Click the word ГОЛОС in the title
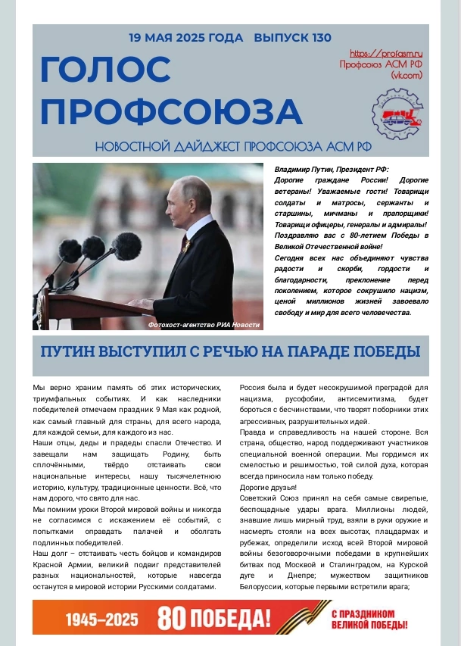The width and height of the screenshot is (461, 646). click(x=105, y=70)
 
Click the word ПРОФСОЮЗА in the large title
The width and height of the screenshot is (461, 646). click(x=171, y=111)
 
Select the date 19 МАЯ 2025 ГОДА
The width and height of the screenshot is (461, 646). click(x=185, y=37)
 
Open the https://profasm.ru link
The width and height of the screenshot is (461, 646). click(x=385, y=54)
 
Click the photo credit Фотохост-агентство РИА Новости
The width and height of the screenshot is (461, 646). click(x=204, y=324)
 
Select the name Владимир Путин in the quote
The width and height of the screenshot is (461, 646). click(x=304, y=171)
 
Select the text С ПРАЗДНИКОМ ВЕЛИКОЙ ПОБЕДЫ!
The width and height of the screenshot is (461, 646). click(x=369, y=619)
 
